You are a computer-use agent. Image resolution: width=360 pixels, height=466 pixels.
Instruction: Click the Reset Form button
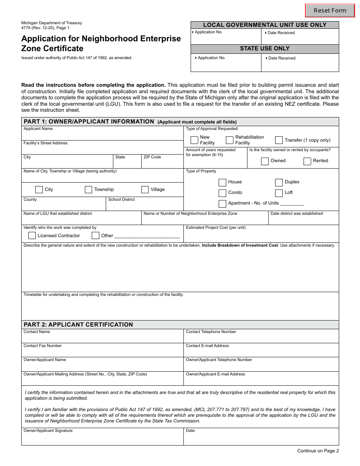pyautogui.click(x=330, y=11)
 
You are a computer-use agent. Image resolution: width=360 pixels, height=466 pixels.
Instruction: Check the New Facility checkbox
pyautogui.click(x=194, y=140)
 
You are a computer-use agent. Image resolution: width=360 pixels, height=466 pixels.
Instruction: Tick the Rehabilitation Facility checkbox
pyautogui.click(x=230, y=140)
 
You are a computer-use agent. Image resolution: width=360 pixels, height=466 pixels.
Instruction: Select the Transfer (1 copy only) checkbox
pyautogui.click(x=279, y=140)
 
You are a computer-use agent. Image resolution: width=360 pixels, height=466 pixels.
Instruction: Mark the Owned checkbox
pyautogui.click(x=265, y=161)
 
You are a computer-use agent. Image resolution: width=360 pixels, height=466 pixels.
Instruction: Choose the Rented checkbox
pyautogui.click(x=307, y=161)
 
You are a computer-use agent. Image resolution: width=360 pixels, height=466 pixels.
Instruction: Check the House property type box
pyautogui.click(x=222, y=182)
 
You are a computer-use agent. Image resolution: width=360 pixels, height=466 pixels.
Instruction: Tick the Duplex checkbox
pyautogui.click(x=279, y=182)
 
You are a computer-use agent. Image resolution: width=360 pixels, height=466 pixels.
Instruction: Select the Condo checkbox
pyautogui.click(x=222, y=193)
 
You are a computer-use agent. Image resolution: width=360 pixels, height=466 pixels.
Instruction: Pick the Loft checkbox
pyautogui.click(x=279, y=193)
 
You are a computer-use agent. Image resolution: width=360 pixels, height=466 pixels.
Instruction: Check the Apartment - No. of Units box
pyautogui.click(x=222, y=203)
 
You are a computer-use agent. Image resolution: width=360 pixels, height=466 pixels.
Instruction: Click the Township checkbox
pyautogui.click(x=88, y=189)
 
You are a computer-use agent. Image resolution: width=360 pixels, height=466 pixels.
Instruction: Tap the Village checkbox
pyautogui.click(x=145, y=189)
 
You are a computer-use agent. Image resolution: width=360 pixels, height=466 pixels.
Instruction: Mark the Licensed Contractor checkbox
pyautogui.click(x=32, y=236)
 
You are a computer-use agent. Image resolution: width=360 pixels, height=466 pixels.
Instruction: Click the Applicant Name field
pyautogui.click(x=102, y=136)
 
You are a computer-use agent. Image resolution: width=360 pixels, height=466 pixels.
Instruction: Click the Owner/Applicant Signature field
pyautogui.click(x=102, y=439)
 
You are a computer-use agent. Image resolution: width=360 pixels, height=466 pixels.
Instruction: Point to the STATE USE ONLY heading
pyautogui.click(x=265, y=48)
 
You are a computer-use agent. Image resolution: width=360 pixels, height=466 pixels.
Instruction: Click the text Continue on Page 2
pyautogui.click(x=318, y=451)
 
